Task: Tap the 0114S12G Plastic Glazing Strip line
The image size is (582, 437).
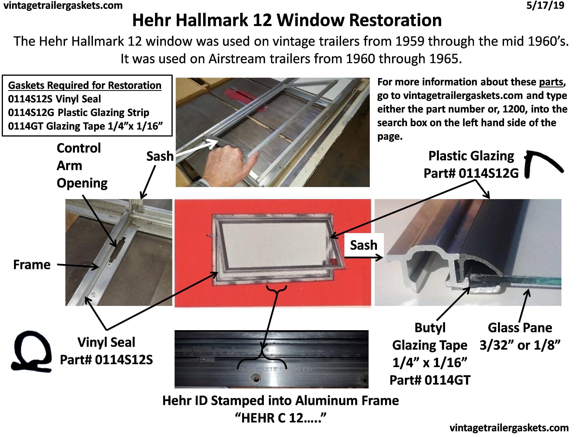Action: point(78,112)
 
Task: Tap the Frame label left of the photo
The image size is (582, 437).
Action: point(32,265)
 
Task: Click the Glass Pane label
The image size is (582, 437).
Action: point(520,328)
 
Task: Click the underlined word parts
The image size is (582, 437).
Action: point(551,82)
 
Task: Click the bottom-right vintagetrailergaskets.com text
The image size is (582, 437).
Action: point(509,427)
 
